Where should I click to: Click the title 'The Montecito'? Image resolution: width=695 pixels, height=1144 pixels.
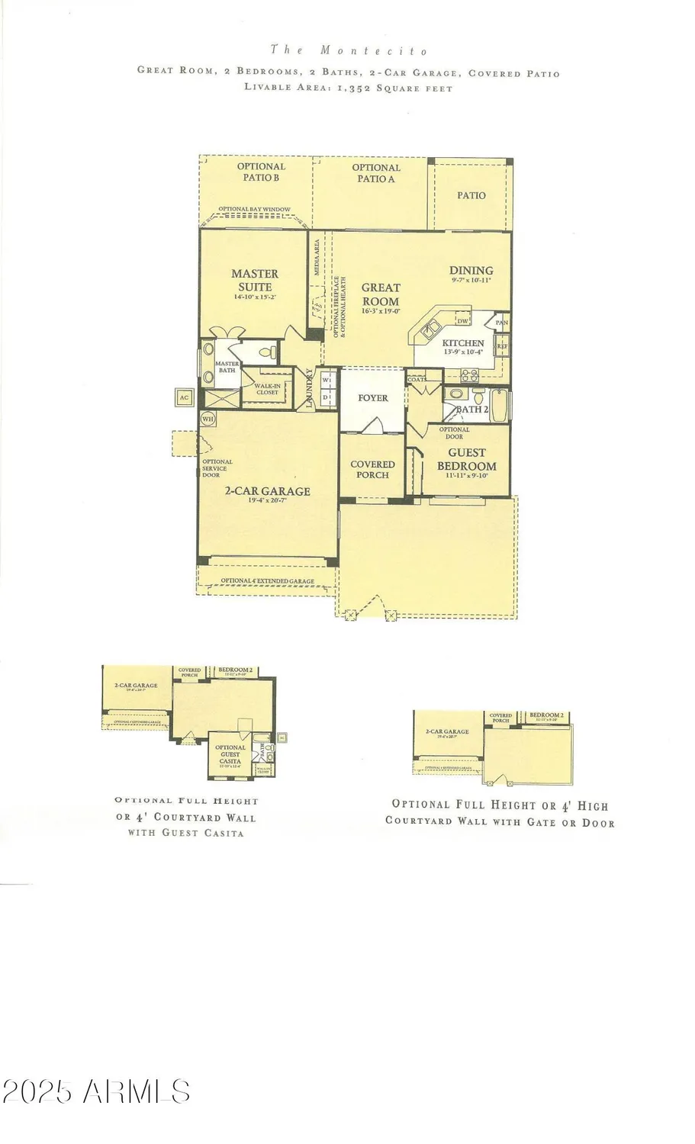(349, 50)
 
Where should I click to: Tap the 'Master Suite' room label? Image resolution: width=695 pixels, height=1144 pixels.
(255, 280)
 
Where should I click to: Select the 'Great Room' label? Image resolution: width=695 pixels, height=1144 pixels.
(380, 294)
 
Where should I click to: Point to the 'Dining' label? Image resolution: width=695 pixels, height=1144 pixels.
(471, 270)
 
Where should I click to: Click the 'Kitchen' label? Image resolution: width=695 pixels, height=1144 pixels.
(463, 343)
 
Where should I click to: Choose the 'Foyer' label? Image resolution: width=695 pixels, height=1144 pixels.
(373, 397)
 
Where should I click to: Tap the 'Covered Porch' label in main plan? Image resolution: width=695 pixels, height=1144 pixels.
(372, 469)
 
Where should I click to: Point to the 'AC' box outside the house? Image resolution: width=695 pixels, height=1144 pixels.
(184, 397)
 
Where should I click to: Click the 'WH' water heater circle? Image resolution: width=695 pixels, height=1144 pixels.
(208, 418)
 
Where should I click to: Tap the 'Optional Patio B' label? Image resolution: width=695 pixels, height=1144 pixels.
(261, 172)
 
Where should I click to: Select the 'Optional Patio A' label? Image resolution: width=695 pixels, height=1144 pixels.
(375, 172)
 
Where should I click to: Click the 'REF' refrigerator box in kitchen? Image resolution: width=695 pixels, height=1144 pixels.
(502, 346)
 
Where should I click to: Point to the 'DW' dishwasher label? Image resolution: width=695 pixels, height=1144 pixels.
(462, 321)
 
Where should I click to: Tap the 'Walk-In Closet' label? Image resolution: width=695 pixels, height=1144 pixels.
(267, 389)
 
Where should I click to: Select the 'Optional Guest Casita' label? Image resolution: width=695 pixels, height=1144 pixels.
(230, 754)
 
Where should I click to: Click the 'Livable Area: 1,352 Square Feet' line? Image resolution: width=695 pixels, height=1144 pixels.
(349, 88)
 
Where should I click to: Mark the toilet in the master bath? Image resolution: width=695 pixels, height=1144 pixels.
(266, 353)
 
